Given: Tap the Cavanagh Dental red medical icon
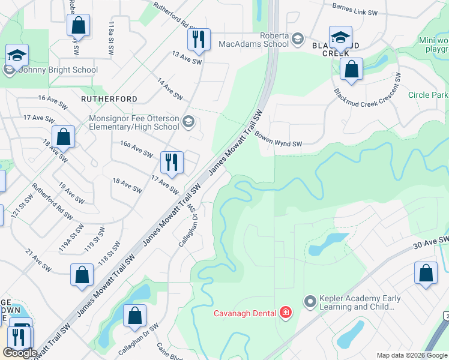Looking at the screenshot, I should pyautogui.click(x=286, y=313).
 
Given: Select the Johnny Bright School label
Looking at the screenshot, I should pyautogui.click(x=58, y=70).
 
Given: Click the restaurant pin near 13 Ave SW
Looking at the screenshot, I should pyautogui.click(x=199, y=40).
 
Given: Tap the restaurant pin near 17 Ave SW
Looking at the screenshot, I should pyautogui.click(x=172, y=163).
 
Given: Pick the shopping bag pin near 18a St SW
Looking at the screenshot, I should pyautogui.click(x=63, y=139).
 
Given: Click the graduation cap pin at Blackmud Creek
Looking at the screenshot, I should pyautogui.click(x=340, y=38).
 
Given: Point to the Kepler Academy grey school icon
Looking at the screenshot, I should pyautogui.click(x=310, y=300).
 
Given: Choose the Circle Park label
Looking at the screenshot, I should pyautogui.click(x=427, y=95).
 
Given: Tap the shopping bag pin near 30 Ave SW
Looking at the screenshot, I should pyautogui.click(x=426, y=274).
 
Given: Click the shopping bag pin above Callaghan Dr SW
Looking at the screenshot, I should pyautogui.click(x=135, y=316).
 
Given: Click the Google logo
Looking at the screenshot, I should pyautogui.click(x=20, y=353).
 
